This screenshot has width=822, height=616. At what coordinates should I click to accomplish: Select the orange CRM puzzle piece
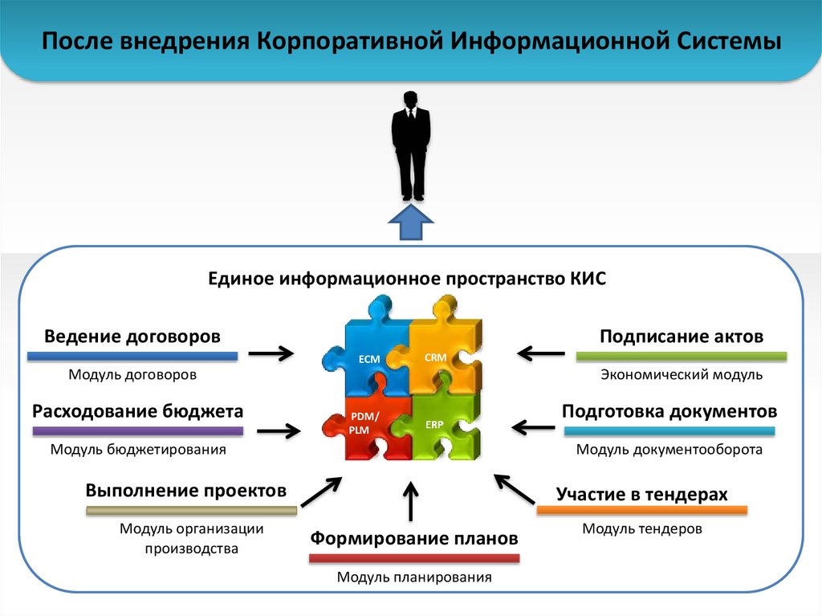pyautogui.click(x=439, y=351)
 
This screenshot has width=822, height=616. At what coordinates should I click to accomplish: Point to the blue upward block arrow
pyautogui.click(x=411, y=222)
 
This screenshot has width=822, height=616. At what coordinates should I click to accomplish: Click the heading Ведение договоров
pyautogui.click(x=132, y=336)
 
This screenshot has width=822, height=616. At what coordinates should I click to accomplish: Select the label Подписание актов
pyautogui.click(x=682, y=336)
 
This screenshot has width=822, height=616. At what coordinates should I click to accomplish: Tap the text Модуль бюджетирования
pyautogui.click(x=138, y=450)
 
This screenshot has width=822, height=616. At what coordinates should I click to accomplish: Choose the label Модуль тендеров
pyautogui.click(x=642, y=528)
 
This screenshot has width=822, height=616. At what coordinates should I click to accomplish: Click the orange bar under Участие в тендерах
pyautogui.click(x=641, y=510)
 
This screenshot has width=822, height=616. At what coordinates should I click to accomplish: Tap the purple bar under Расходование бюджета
pyautogui.click(x=137, y=431)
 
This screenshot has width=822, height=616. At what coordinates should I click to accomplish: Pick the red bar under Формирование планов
pyautogui.click(x=414, y=558)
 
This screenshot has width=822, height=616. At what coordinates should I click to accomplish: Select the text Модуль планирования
pyautogui.click(x=414, y=577)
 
